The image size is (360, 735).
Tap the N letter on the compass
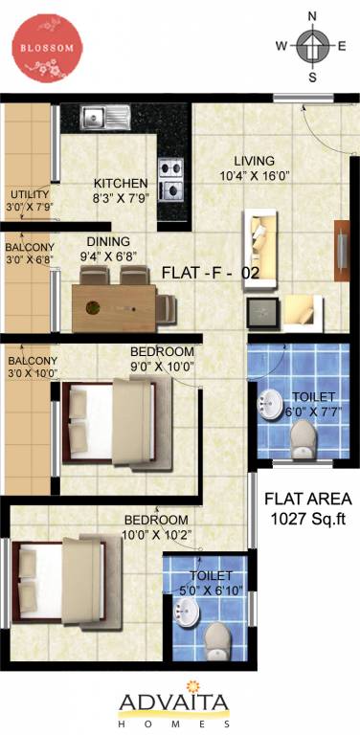pyautogui.click(x=312, y=15)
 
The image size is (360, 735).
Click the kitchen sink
pyautogui.click(x=104, y=118)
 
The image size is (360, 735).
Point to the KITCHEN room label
pyautogui.click(x=121, y=183)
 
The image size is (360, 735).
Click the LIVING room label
pyautogui.click(x=254, y=161)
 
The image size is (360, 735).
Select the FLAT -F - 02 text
pyautogui.click(x=211, y=273)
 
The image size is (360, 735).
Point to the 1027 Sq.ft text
pyautogui.click(x=308, y=518)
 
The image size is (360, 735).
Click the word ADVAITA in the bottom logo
pyautogui.click(x=174, y=705)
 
